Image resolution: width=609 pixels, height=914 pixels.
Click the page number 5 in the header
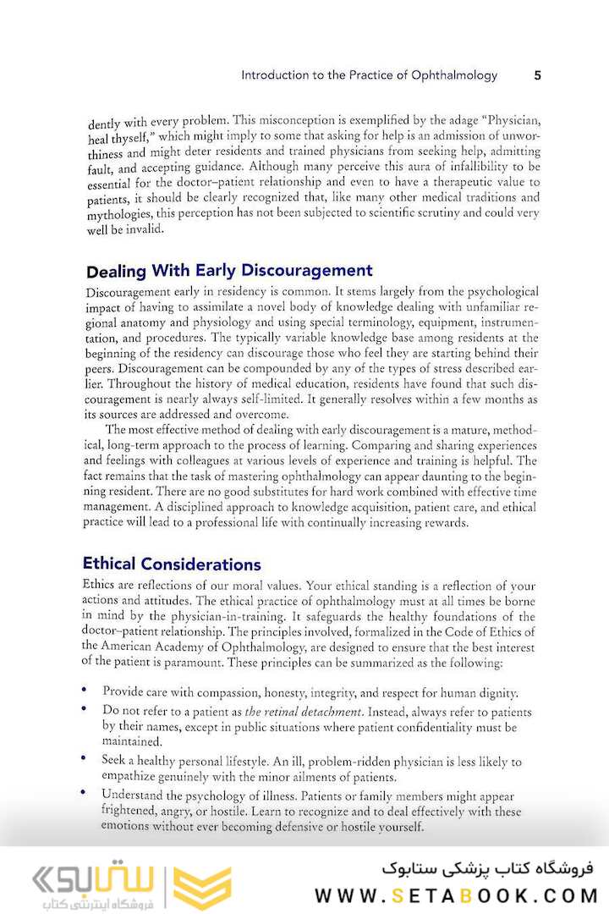[537, 75]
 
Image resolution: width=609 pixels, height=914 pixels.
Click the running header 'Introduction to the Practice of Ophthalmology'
[369, 75]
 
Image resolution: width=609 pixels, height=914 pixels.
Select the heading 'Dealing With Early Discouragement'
[229, 271]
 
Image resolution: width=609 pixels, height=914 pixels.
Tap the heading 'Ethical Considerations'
[172, 564]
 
